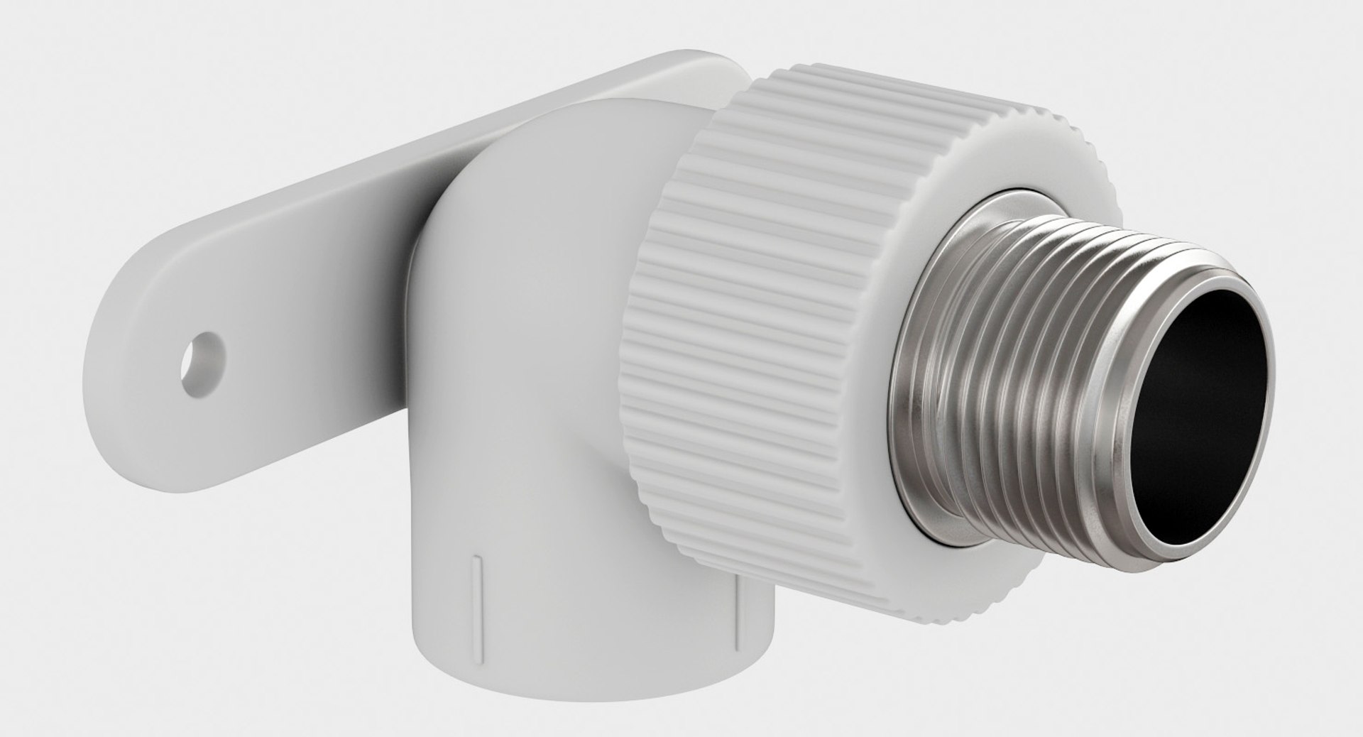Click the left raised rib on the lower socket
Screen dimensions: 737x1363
coord(475,582)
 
